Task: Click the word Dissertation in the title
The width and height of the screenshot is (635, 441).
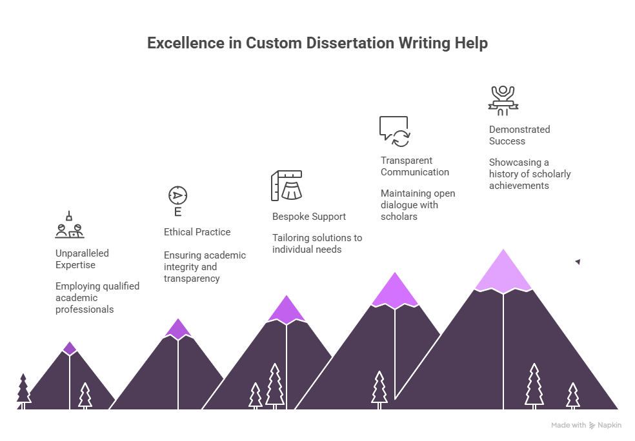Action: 350,43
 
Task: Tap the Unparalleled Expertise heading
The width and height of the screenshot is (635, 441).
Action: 82,259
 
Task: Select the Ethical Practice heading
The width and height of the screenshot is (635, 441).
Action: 197,232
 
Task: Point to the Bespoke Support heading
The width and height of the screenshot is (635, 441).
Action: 309,217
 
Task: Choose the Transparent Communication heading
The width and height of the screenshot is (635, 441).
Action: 415,166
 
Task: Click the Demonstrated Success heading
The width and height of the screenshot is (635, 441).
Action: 519,135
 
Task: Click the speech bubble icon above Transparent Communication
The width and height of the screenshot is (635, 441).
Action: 394,132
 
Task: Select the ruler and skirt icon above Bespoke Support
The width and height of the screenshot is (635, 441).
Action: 287,186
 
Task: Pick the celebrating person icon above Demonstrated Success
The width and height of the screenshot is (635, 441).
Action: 503,101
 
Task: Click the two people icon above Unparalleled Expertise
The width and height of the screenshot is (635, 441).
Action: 70,224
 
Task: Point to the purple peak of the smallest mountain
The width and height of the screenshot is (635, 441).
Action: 70,348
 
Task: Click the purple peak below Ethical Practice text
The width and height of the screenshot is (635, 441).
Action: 178,329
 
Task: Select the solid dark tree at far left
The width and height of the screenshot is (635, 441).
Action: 23,391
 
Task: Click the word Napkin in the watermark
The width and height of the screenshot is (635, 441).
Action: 609,426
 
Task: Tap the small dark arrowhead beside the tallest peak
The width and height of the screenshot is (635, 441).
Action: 578,262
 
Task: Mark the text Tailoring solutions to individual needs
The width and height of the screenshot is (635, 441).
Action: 317,244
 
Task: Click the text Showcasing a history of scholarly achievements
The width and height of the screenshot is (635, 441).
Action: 530,174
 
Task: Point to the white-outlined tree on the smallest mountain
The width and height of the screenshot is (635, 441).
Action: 85,395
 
